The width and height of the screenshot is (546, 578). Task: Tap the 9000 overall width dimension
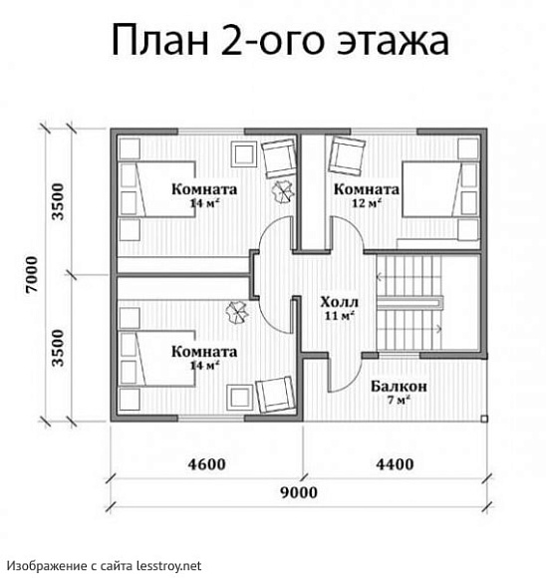click(298, 492)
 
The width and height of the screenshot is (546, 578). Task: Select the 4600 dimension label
click(206, 463)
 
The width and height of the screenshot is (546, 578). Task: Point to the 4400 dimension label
click(395, 463)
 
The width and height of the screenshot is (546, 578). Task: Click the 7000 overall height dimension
click(31, 274)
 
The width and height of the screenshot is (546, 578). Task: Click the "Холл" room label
click(340, 301)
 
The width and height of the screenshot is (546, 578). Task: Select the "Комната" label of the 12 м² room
click(367, 189)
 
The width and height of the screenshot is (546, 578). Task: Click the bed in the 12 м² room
click(439, 200)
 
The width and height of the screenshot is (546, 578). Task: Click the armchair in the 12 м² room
click(348, 155)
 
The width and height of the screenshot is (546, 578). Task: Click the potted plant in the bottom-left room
click(237, 313)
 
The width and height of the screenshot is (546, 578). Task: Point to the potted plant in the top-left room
click(283, 192)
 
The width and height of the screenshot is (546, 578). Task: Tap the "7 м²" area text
click(400, 401)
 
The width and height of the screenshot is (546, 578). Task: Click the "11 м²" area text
click(340, 316)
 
